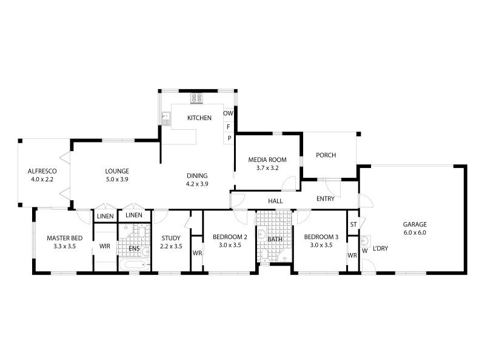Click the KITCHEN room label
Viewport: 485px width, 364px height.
(x=199, y=118)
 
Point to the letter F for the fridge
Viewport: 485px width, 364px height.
(x=229, y=127)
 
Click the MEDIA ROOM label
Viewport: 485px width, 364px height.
(x=267, y=160)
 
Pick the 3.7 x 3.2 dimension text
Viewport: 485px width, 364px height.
(x=267, y=168)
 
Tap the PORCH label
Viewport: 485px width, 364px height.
(x=326, y=155)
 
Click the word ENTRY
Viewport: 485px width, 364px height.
(x=326, y=199)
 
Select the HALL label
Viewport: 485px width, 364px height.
(x=276, y=201)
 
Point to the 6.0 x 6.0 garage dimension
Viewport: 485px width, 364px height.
(x=415, y=232)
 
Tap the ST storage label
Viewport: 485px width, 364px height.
(x=353, y=224)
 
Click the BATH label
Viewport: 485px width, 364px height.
(x=275, y=240)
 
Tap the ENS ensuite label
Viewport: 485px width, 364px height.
(x=134, y=249)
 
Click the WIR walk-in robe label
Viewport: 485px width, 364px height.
(x=104, y=247)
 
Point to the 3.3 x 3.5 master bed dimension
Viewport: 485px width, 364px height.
(x=64, y=247)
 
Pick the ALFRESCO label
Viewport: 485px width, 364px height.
(x=41, y=171)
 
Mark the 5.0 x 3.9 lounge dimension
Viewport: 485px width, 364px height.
(x=117, y=179)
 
